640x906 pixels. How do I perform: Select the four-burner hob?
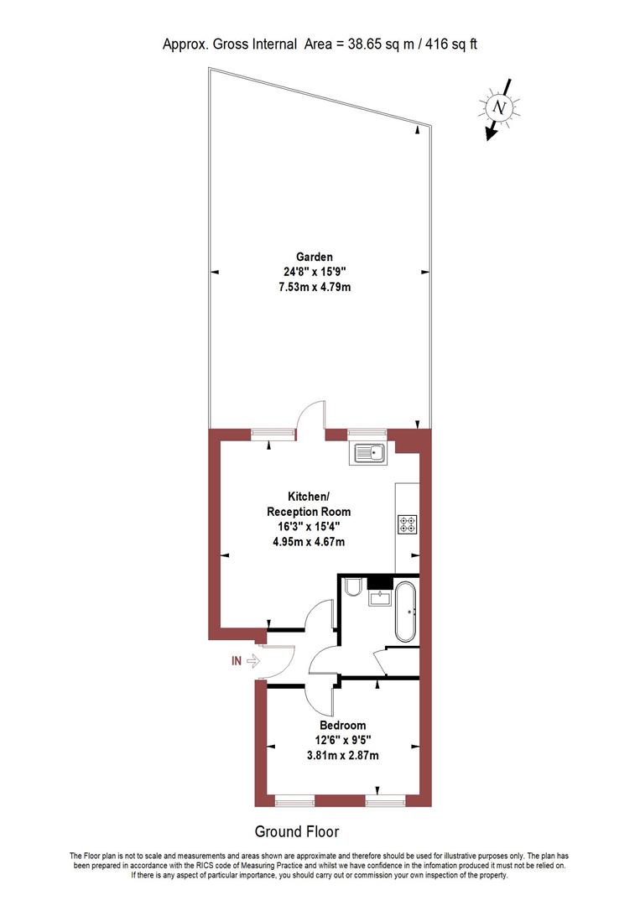[407, 524]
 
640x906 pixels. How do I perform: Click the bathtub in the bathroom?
[404, 611]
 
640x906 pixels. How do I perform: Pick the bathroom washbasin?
[381, 598]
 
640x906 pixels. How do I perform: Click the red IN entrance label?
[237, 661]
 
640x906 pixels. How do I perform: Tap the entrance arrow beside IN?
[254, 661]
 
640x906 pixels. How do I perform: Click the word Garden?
[314, 257]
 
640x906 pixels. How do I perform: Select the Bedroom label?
[342, 725]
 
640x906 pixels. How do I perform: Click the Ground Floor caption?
[297, 831]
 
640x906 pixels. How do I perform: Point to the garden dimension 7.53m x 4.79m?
[314, 288]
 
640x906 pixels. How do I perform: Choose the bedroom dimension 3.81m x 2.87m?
[342, 755]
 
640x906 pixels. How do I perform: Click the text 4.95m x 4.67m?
[308, 542]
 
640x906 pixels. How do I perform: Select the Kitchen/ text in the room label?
[308, 497]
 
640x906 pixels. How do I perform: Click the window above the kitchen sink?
[362, 434]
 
